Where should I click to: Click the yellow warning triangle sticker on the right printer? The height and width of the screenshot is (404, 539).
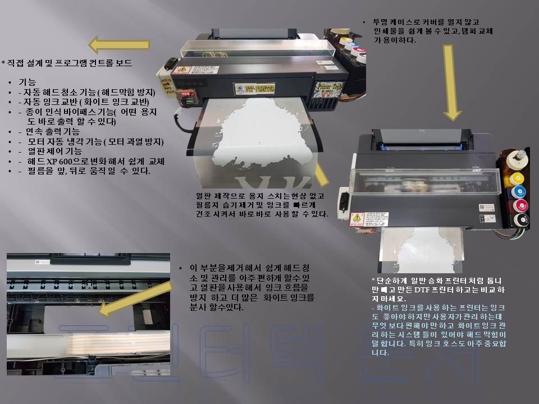click(357, 219)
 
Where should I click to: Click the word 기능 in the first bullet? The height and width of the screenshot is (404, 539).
click(28, 82)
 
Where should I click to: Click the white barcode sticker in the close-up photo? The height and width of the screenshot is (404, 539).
click(35, 261)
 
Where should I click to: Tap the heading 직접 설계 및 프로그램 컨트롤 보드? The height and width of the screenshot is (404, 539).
click(68, 63)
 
